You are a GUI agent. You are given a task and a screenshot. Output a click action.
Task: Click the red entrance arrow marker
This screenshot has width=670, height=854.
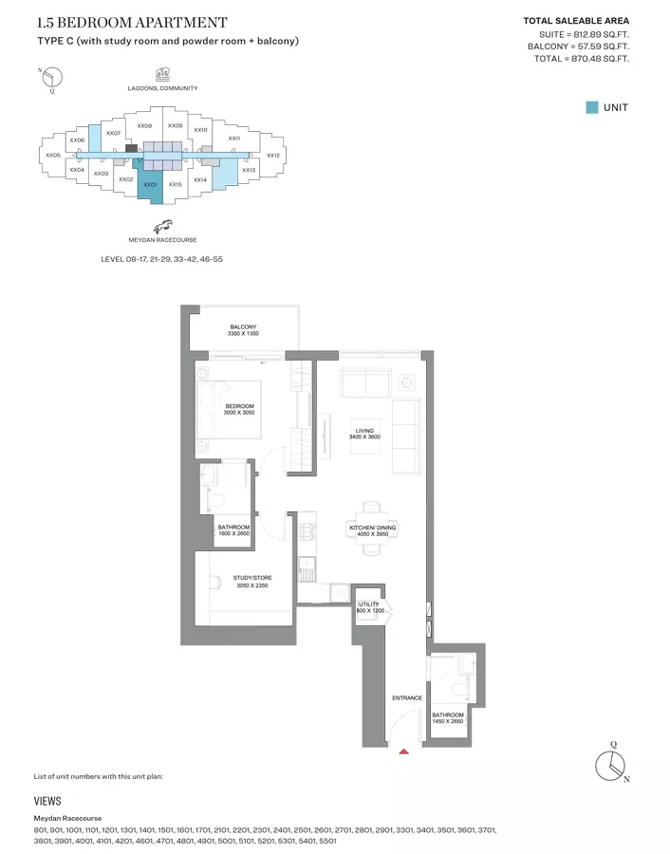[404, 752]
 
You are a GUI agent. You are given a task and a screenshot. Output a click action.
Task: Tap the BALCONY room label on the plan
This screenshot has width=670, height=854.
[243, 327]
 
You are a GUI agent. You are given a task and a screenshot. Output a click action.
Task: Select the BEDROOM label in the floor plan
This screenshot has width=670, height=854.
[239, 406]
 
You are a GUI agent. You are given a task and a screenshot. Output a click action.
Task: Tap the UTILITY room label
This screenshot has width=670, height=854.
[369, 603]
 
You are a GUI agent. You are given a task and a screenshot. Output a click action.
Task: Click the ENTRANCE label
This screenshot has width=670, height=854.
[407, 698]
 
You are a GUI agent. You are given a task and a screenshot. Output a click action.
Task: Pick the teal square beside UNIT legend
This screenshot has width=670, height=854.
[592, 107]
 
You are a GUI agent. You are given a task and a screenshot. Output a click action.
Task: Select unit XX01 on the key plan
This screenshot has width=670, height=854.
[150, 184]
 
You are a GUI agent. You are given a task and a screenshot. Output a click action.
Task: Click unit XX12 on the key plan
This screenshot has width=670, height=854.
[272, 155]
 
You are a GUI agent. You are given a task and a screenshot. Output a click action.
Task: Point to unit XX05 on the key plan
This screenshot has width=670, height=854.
[52, 155]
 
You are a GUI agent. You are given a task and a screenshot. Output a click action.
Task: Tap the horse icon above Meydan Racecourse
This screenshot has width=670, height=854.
[163, 225]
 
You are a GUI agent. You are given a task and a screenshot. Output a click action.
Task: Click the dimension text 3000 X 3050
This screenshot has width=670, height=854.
[239, 413]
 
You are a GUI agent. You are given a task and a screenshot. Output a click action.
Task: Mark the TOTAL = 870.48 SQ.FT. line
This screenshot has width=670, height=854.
[582, 59]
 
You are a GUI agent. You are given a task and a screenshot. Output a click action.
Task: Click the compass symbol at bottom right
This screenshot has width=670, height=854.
[612, 764]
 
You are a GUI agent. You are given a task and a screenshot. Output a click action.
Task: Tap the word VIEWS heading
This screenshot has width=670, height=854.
[47, 801]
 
